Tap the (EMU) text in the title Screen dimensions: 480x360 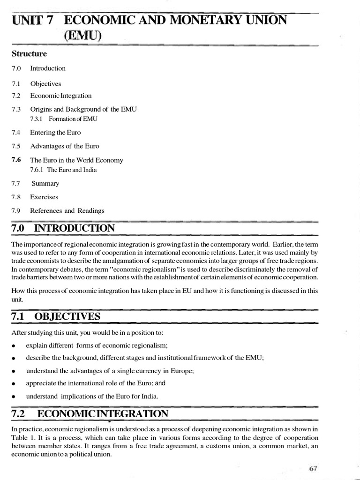[x=82, y=35]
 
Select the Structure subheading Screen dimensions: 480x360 [x=30, y=54]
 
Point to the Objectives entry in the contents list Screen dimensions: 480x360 [x=45, y=84]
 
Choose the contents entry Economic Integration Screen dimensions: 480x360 [x=61, y=96]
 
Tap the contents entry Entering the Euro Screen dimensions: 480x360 [x=55, y=133]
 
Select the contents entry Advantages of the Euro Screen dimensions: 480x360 [x=65, y=146]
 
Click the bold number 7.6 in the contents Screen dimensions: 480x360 [x=16, y=160]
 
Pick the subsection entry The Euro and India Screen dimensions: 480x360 [x=72, y=170]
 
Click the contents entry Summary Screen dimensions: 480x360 [x=45, y=184]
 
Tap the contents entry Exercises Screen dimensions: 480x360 [x=44, y=197]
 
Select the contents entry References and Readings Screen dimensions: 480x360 [x=67, y=211]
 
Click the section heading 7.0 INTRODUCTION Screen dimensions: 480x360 [x=63, y=228]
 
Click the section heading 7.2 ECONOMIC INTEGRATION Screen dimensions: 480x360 [x=90, y=413]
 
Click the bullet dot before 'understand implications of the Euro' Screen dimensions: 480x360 [x=15, y=397]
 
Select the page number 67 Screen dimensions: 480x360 [x=314, y=469]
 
